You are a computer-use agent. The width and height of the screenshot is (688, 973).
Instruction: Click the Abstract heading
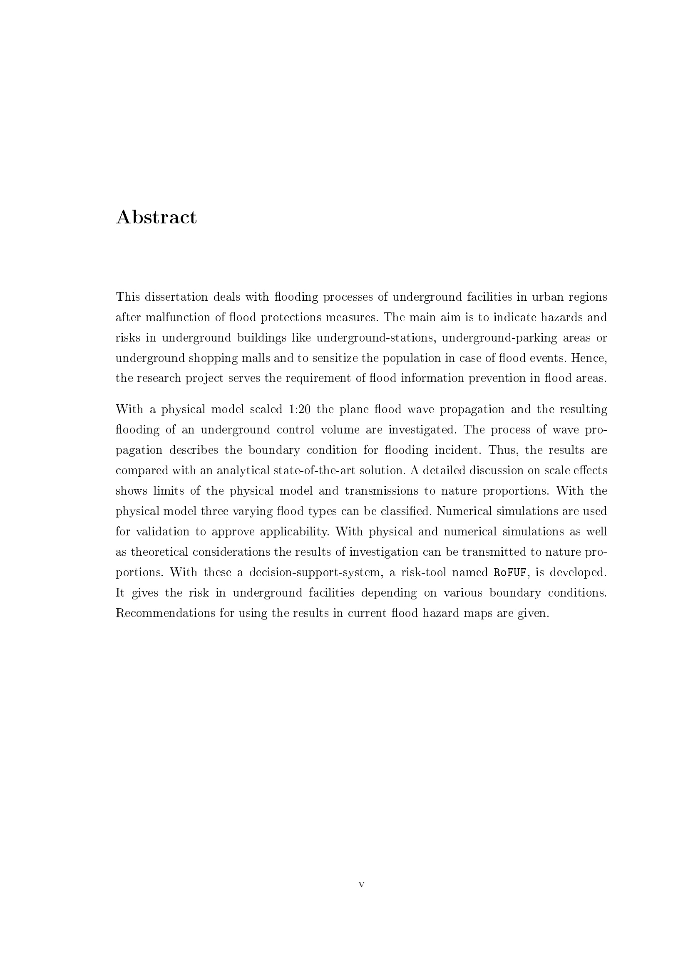pyautogui.click(x=156, y=218)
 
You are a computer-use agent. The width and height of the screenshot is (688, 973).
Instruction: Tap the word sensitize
pyautogui.click(x=335, y=358)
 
